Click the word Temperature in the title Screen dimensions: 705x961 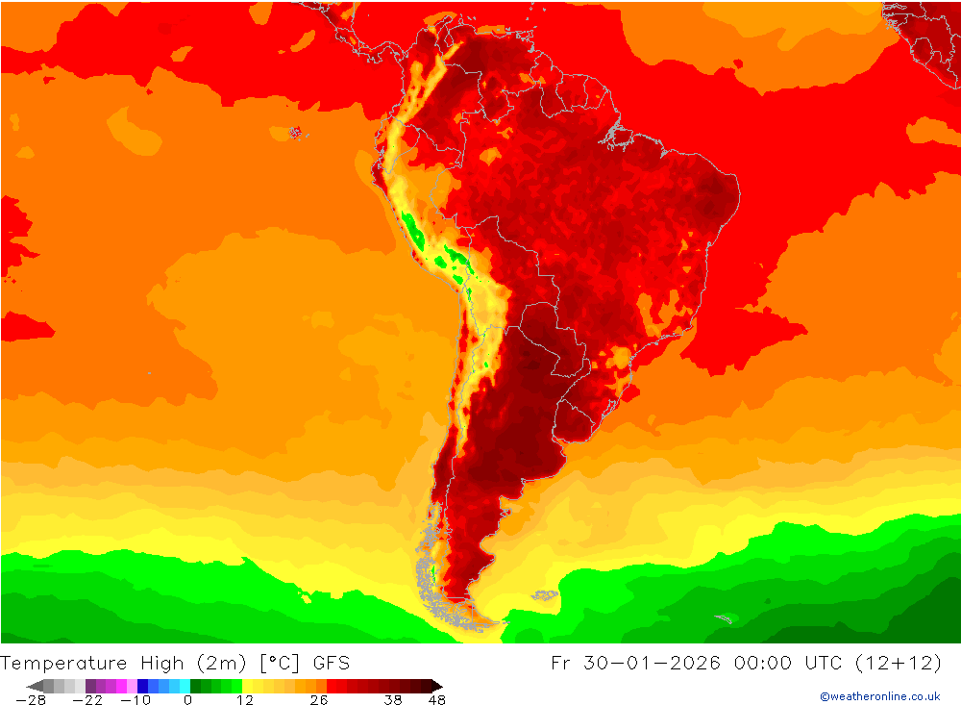(63, 663)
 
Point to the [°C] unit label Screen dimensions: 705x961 (279, 663)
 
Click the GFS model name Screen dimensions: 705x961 (331, 663)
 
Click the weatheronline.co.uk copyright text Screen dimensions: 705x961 (879, 696)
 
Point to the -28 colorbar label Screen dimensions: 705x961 (31, 699)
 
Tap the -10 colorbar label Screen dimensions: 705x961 (137, 699)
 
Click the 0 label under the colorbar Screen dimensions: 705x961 (188, 699)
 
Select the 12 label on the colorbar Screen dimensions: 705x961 (245, 699)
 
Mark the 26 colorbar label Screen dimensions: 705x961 (318, 699)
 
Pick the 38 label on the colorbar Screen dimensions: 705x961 (392, 699)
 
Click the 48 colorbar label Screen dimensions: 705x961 (436, 699)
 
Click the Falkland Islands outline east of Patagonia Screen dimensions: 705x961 (546, 595)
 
